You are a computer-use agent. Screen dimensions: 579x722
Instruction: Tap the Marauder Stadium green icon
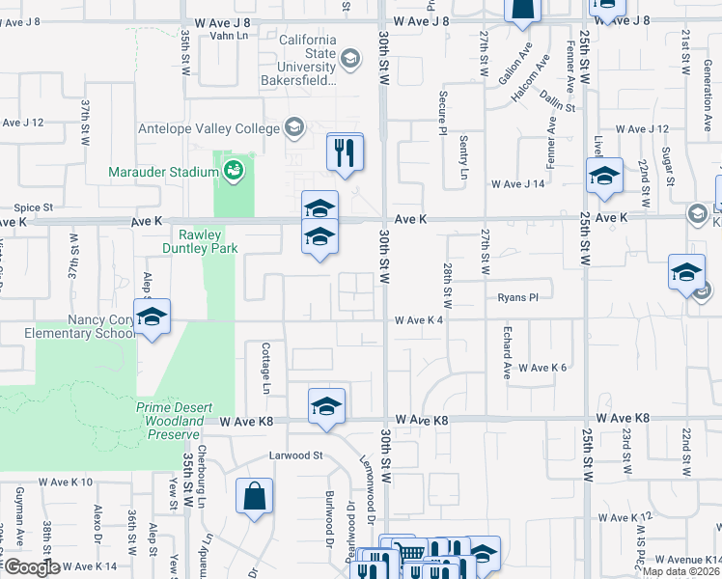pyautogui.click(x=232, y=172)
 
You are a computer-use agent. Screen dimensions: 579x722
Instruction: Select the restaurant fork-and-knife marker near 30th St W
pyautogui.click(x=345, y=152)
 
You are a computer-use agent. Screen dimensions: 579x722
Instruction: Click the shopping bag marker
pyautogui.click(x=254, y=497)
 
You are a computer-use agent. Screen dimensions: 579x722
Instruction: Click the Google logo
pyautogui.click(x=31, y=567)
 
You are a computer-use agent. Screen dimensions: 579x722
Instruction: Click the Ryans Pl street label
pyautogui.click(x=516, y=297)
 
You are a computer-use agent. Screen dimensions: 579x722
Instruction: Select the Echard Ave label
pyautogui.click(x=506, y=351)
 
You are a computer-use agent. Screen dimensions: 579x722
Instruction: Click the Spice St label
pyautogui.click(x=33, y=207)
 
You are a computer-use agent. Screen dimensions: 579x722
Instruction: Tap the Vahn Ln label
pyautogui.click(x=228, y=36)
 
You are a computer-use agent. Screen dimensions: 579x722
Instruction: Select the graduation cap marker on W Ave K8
pyautogui.click(x=326, y=405)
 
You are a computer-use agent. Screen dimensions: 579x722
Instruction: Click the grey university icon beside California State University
pyautogui.click(x=349, y=61)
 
